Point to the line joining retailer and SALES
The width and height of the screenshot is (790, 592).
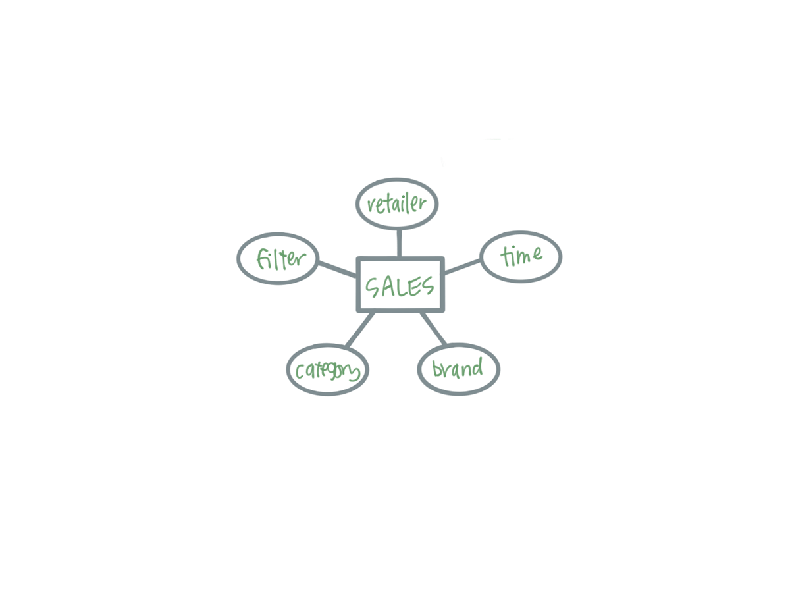click(x=399, y=243)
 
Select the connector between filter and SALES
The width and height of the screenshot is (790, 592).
click(x=337, y=269)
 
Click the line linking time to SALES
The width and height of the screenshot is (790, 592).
click(x=462, y=267)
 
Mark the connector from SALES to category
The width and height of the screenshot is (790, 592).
click(x=359, y=329)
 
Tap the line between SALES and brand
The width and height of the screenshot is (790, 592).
click(x=433, y=328)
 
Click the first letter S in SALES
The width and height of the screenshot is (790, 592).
click(x=373, y=288)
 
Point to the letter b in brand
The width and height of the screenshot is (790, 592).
click(x=437, y=369)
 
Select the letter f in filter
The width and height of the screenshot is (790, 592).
click(x=262, y=259)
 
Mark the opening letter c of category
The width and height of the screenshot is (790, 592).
click(x=299, y=372)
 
